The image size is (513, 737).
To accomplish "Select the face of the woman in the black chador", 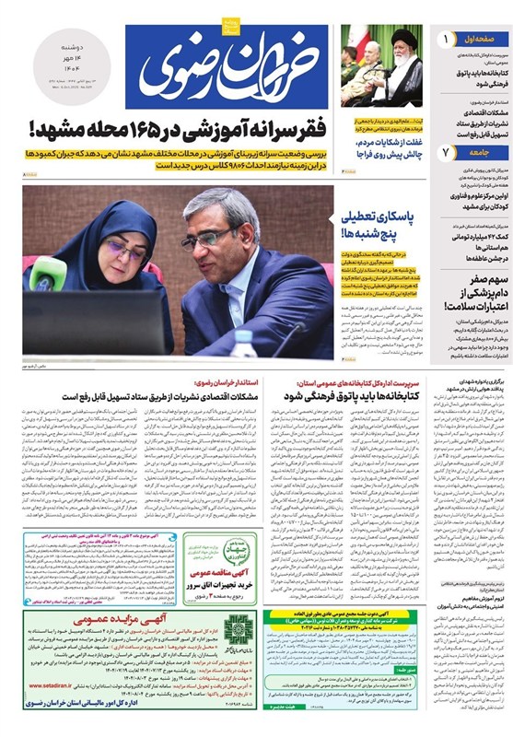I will pos(126,250).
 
